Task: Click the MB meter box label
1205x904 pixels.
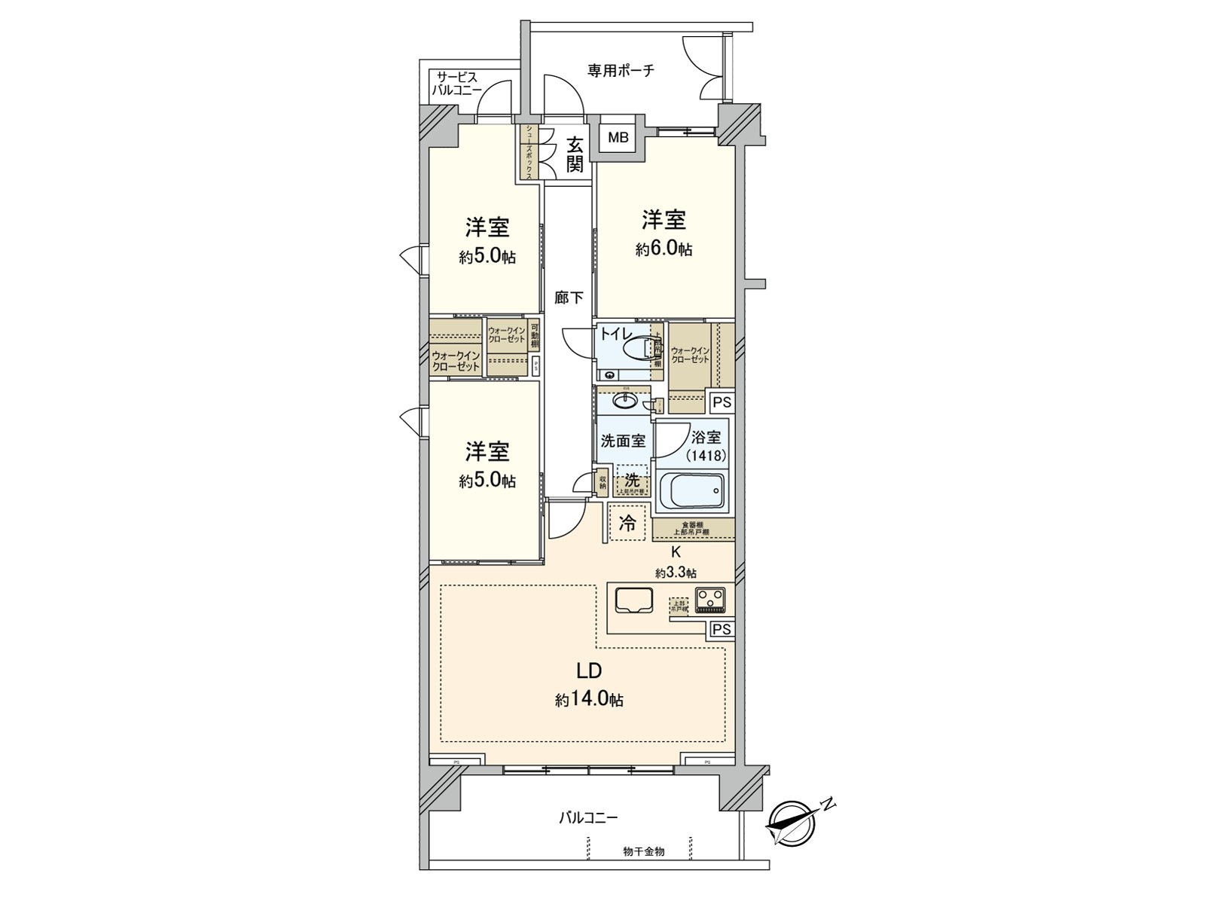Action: coord(618,138)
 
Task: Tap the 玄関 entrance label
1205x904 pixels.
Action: coord(575,154)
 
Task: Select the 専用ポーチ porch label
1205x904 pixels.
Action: coord(621,71)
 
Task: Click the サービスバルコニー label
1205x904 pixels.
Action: coord(457,84)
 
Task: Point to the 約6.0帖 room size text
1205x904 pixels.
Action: coord(664,250)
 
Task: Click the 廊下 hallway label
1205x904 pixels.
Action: coord(569,298)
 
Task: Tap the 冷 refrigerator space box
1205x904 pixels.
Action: coord(627,523)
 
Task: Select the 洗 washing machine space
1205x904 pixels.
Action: coord(631,480)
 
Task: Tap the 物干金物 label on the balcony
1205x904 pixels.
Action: coord(644,851)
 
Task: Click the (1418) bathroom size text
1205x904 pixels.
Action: coord(706,455)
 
